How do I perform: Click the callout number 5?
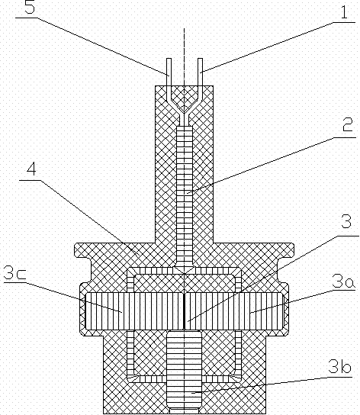(x=30, y=8)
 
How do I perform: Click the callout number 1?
(x=344, y=12)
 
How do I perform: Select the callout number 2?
(x=348, y=125)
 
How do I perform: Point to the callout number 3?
(x=346, y=221)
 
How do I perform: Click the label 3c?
(x=14, y=272)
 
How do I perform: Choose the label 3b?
(x=339, y=367)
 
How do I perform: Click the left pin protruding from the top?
(x=169, y=72)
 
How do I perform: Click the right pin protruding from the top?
(x=200, y=72)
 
